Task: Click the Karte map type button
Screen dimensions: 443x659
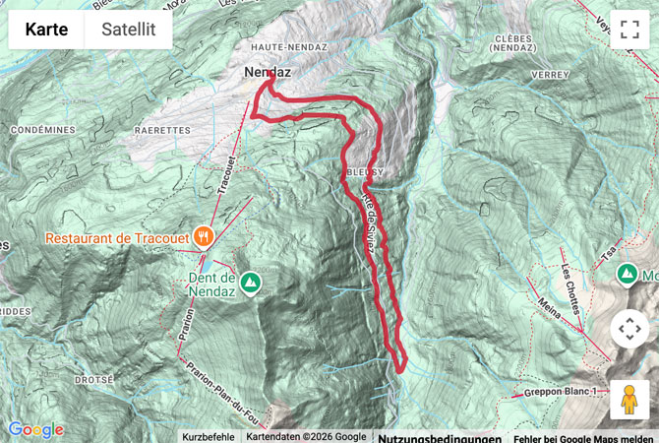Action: [x=46, y=30]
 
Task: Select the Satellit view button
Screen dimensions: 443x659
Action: [x=128, y=30]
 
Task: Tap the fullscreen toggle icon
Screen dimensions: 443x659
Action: [x=629, y=29]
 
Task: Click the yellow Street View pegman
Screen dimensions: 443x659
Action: [x=629, y=400]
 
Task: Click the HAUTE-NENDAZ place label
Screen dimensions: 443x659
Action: [x=283, y=46]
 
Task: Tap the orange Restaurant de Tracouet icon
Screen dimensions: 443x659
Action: [x=204, y=235]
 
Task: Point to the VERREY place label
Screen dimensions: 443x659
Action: [x=549, y=75]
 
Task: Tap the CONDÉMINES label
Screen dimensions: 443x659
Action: [x=38, y=129]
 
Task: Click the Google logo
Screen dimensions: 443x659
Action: [x=35, y=429]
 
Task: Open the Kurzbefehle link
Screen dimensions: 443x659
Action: [x=208, y=436]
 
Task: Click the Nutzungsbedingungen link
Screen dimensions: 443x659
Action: [x=440, y=436]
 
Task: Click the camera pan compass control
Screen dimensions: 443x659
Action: [x=629, y=329]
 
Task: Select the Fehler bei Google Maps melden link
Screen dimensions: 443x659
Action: [x=586, y=436]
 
